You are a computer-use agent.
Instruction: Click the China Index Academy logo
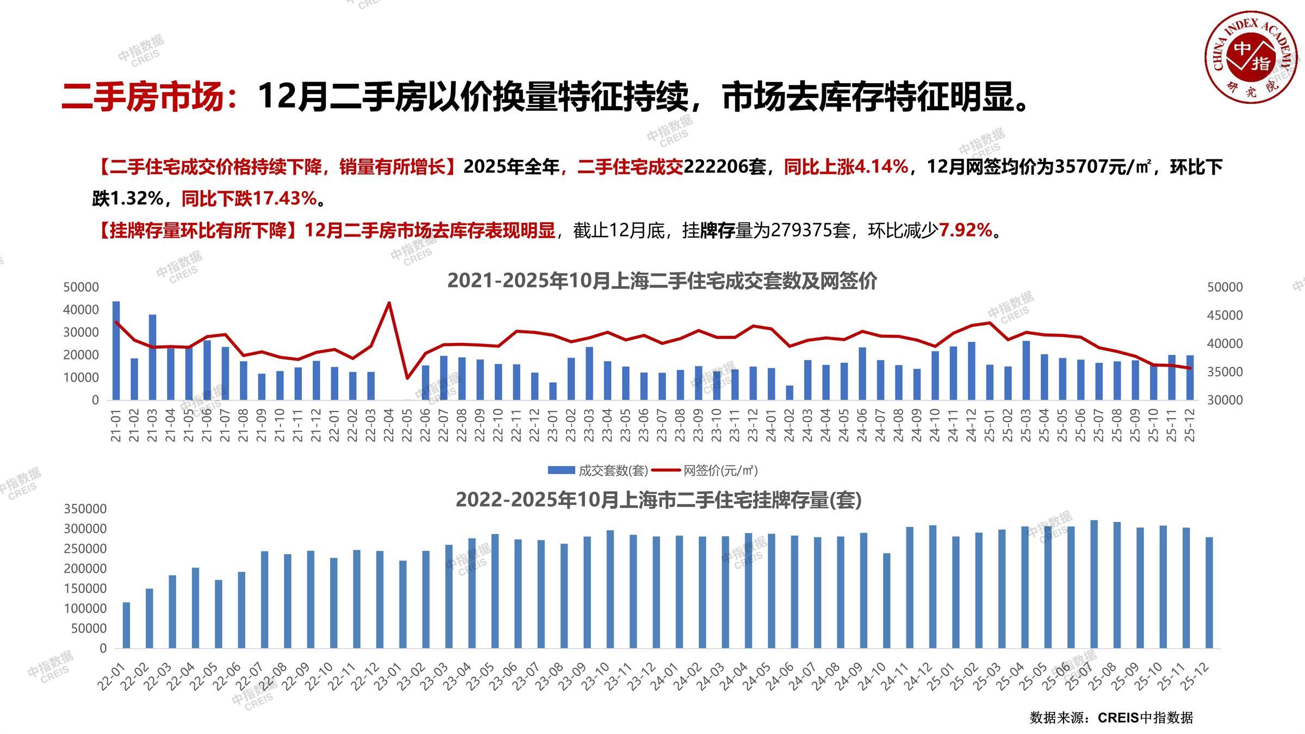(x=1251, y=57)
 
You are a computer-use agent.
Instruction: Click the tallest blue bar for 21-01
(x=116, y=351)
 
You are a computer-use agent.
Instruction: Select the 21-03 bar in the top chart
(x=152, y=357)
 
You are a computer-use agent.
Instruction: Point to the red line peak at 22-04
(x=389, y=303)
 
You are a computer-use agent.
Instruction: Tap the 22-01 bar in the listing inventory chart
(x=126, y=625)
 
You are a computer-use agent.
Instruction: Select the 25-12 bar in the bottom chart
(x=1209, y=593)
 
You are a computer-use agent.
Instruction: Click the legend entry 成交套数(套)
(x=598, y=470)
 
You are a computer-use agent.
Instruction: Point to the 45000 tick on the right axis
(x=1225, y=315)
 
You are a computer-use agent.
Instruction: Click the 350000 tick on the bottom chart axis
(x=85, y=509)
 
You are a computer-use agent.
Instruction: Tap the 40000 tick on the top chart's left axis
(x=81, y=310)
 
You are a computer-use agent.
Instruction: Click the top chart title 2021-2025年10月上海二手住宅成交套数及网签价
(x=662, y=281)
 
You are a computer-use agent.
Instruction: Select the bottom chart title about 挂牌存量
(x=658, y=500)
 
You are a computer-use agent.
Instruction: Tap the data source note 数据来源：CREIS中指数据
(x=1111, y=718)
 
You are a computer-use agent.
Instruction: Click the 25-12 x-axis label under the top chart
(x=1190, y=426)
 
